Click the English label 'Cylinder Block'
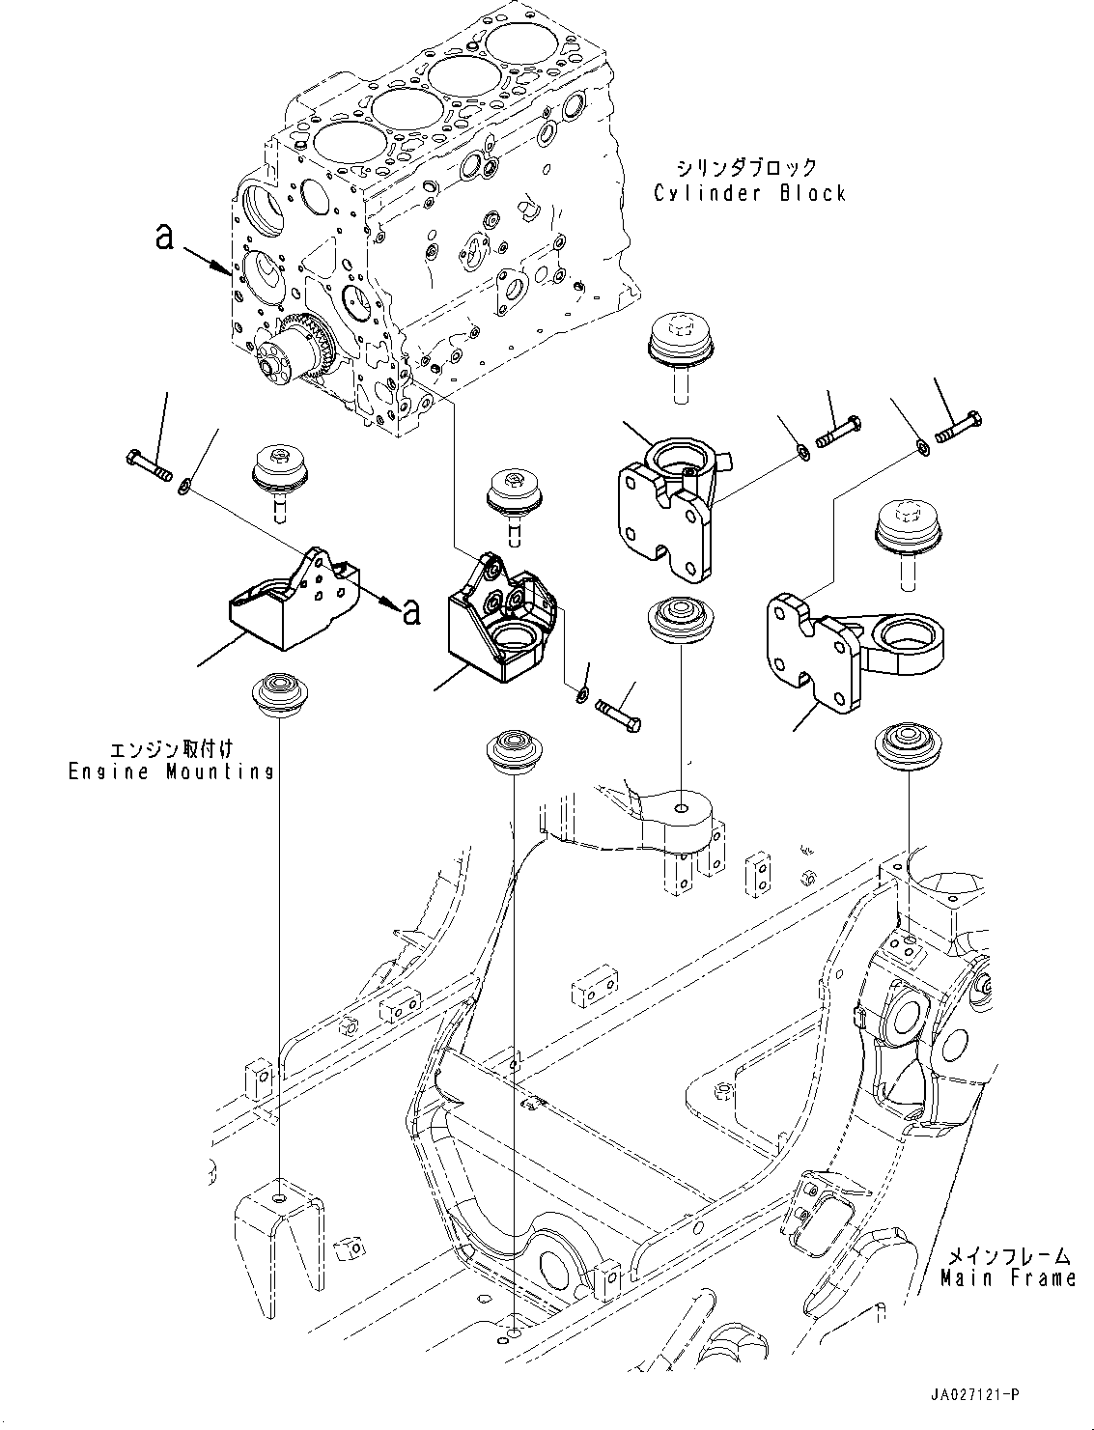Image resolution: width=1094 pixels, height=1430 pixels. (x=749, y=193)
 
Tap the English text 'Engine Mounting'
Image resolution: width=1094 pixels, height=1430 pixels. (x=171, y=771)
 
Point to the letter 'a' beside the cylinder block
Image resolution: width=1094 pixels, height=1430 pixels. (x=165, y=236)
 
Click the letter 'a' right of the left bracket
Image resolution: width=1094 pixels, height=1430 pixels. (x=412, y=611)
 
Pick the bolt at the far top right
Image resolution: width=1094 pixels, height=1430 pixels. (x=958, y=425)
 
